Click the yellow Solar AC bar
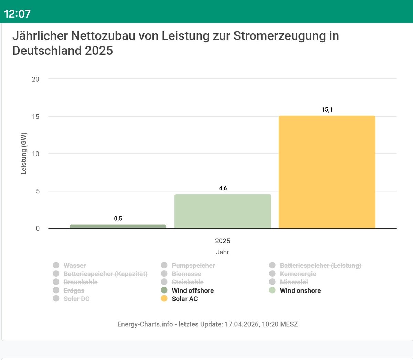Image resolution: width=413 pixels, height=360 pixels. click(x=327, y=172)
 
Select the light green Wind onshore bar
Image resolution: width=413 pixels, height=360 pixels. click(x=223, y=211)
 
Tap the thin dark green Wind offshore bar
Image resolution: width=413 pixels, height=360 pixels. click(x=118, y=226)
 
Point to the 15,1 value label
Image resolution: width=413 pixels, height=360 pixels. click(x=327, y=110)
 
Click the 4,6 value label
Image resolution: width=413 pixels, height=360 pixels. click(x=223, y=188)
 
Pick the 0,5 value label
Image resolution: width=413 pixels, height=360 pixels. click(x=118, y=219)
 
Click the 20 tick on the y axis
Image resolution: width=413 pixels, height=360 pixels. click(x=35, y=79)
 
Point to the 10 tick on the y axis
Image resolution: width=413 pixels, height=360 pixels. click(x=35, y=154)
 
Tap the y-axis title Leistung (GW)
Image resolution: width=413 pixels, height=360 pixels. click(x=24, y=153)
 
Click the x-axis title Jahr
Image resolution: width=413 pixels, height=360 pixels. click(x=222, y=252)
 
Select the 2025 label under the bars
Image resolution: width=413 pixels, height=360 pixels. click(x=222, y=241)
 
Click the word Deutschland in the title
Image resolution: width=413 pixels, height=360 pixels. click(x=47, y=51)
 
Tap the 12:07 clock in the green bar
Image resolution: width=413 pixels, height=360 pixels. click(x=17, y=14)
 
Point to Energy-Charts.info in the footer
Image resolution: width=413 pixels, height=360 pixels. click(x=145, y=324)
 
